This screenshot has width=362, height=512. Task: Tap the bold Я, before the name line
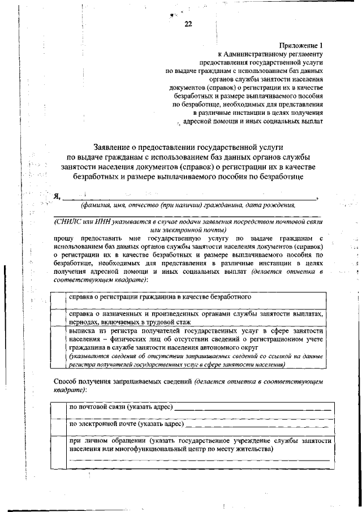tap(57, 196)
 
